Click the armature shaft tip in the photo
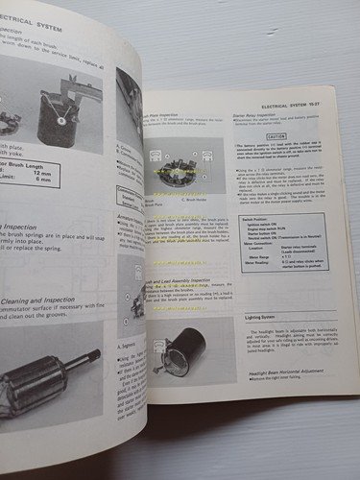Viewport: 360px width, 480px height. click(95, 356)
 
